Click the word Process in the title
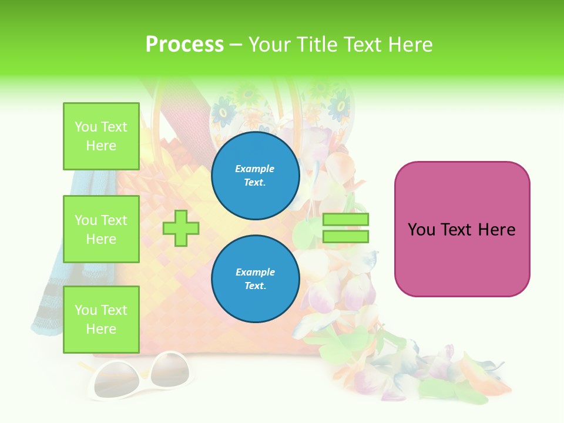[x=184, y=45]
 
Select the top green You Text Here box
[x=101, y=136]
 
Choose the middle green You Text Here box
[x=101, y=229]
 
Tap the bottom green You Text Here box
[x=101, y=320]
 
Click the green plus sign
[x=181, y=228]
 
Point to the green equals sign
[x=345, y=228]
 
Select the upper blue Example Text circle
[x=255, y=176]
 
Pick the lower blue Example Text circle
[x=255, y=278]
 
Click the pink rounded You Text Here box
[x=462, y=229]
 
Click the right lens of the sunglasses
[x=171, y=370]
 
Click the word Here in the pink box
[x=496, y=230]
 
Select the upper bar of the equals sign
[x=345, y=220]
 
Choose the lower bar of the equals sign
[x=345, y=236]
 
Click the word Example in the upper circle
[x=255, y=169]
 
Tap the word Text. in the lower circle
[x=255, y=286]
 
